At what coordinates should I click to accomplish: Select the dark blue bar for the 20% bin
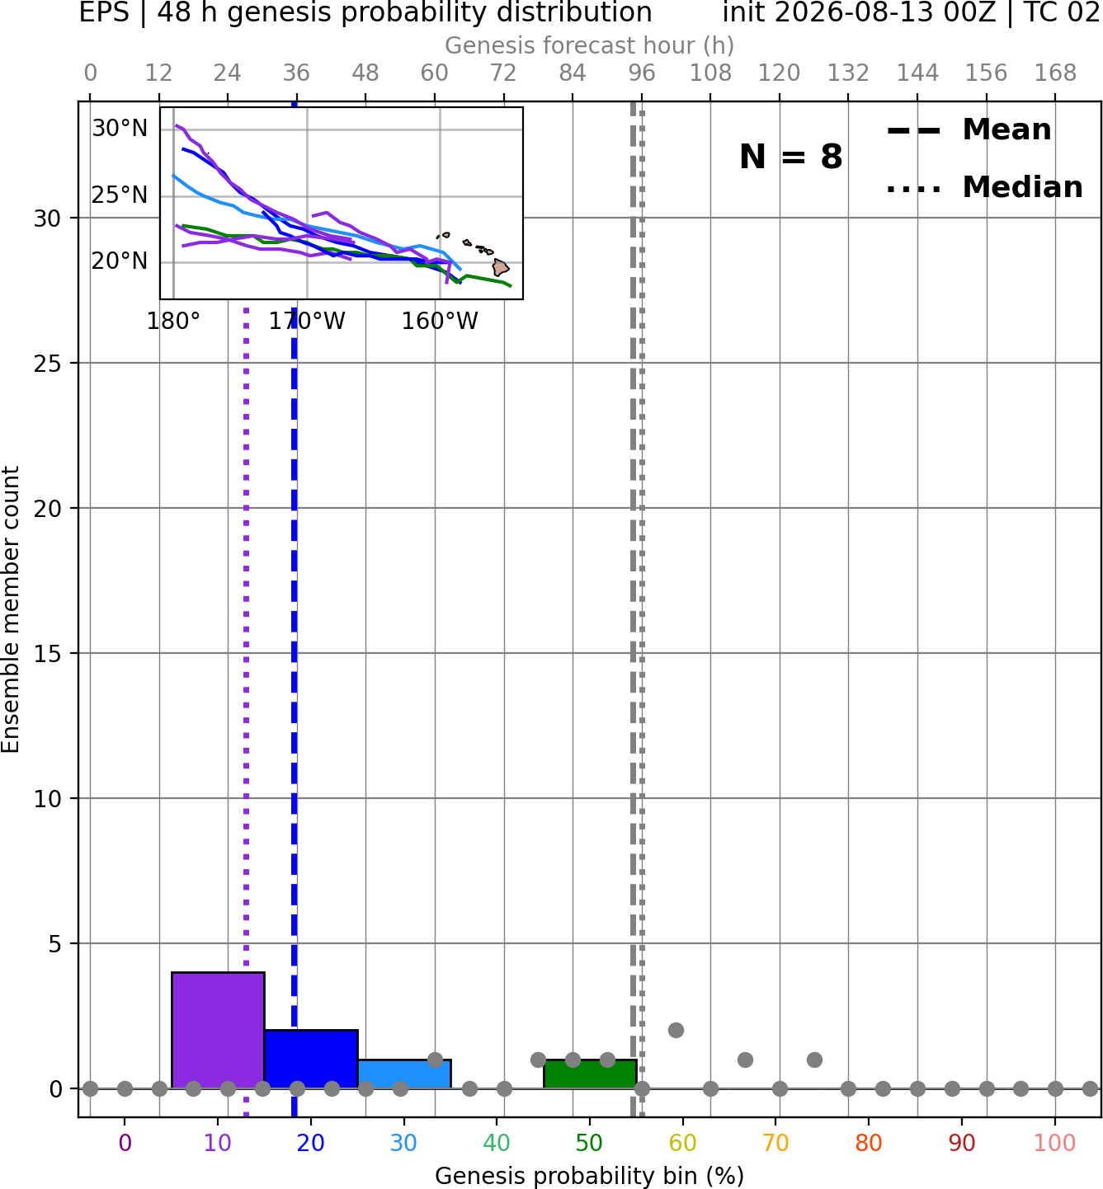point(311,1059)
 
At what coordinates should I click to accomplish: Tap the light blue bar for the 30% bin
point(404,1074)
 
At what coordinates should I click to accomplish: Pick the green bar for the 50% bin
point(590,1074)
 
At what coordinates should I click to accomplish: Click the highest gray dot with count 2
point(676,1031)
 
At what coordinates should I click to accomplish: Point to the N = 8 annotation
point(791,157)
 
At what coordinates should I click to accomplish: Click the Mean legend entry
point(969,130)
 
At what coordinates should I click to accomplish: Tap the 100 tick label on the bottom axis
point(1054,1143)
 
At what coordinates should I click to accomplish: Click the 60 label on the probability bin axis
point(682,1143)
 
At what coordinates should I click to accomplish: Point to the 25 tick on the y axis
point(47,364)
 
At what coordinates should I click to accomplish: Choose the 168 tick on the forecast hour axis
point(1055,73)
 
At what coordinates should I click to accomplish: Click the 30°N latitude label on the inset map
point(120,128)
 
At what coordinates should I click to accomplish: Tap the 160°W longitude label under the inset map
point(439,322)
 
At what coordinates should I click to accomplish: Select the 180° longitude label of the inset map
point(173,322)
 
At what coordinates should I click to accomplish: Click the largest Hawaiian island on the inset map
point(500,267)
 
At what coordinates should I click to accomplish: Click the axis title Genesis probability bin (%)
point(590,1176)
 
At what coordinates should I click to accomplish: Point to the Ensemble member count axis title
point(11,609)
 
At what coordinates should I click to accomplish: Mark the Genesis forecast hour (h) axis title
point(590,45)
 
